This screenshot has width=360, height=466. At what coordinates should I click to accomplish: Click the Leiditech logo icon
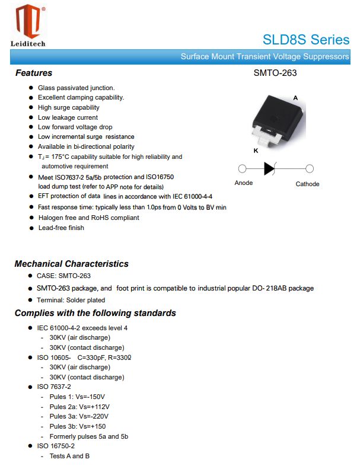pyautogui.click(x=27, y=21)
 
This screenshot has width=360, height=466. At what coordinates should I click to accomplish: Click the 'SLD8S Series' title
pyautogui.click(x=306, y=40)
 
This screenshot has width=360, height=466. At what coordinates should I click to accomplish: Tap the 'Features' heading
pyautogui.click(x=34, y=73)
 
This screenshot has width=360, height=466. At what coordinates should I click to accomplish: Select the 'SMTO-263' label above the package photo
pyautogui.click(x=275, y=73)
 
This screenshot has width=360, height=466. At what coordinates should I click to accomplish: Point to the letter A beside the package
pyautogui.click(x=295, y=97)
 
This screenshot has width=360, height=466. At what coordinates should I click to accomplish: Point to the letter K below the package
pyautogui.click(x=256, y=151)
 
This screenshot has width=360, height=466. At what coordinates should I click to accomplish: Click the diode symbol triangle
pyautogui.click(x=269, y=168)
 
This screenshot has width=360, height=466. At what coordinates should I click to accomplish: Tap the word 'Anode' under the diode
pyautogui.click(x=244, y=183)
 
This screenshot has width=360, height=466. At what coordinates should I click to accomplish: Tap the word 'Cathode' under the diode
pyautogui.click(x=307, y=184)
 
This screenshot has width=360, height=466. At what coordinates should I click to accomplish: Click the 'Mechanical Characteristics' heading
pyautogui.click(x=71, y=264)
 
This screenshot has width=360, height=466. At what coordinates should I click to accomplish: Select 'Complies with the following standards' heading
pyautogui.click(x=95, y=313)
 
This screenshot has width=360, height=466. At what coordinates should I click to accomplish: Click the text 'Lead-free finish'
pyautogui.click(x=61, y=228)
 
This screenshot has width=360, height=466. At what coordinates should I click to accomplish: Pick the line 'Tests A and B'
pyautogui.click(x=70, y=456)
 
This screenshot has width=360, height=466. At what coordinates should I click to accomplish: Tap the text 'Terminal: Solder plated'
pyautogui.click(x=71, y=300)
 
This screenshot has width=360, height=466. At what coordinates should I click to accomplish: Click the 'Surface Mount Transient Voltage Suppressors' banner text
pyautogui.click(x=265, y=57)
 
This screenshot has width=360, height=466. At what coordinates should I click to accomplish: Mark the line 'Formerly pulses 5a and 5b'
pyautogui.click(x=89, y=436)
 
